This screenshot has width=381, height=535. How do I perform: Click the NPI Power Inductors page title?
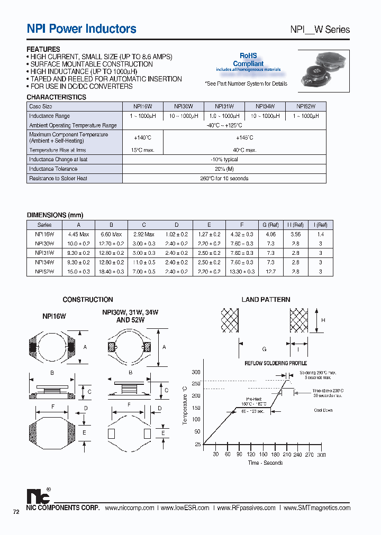click(x=81, y=29)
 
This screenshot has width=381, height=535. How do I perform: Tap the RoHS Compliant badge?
click(x=248, y=59)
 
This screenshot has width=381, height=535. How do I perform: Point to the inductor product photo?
click(x=322, y=68)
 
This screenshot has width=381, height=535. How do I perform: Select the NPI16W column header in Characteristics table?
click(x=142, y=106)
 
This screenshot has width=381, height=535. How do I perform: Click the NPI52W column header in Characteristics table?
click(x=305, y=106)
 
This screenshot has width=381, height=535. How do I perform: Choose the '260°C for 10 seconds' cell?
click(x=224, y=179)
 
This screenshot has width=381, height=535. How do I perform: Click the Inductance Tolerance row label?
click(x=53, y=169)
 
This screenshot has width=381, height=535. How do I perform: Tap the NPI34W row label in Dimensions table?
click(x=45, y=262)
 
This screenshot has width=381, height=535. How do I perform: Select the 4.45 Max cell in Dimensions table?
click(x=78, y=234)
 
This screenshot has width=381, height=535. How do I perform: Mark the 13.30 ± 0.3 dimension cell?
click(x=242, y=272)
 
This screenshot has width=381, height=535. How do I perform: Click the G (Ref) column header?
click(x=270, y=225)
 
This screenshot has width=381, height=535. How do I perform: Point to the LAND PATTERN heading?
click(x=266, y=300)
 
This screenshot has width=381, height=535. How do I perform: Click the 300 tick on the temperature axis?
click(x=196, y=373)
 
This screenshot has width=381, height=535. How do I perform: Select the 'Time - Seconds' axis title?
click(x=265, y=463)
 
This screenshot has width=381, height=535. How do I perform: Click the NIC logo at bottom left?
click(x=39, y=496)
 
